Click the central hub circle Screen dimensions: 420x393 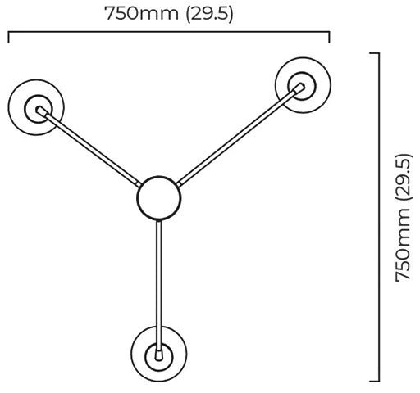point(158,176)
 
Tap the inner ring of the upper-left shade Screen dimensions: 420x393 point(38,95)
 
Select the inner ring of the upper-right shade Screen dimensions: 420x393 point(302,72)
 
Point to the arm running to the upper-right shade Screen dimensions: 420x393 point(240,136)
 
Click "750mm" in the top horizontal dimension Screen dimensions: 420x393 point(142,13)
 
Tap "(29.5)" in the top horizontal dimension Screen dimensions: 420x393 point(209,13)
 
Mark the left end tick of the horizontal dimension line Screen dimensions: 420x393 point(9,38)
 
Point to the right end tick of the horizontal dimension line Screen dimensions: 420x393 point(329,38)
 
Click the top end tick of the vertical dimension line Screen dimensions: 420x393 point(374,53)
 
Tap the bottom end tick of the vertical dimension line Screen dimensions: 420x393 point(374,381)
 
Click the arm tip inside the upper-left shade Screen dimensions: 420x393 point(41,111)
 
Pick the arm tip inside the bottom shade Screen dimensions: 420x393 point(158,355)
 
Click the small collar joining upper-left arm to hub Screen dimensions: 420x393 point(139,184)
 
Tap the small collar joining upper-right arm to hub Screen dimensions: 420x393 point(179,184)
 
